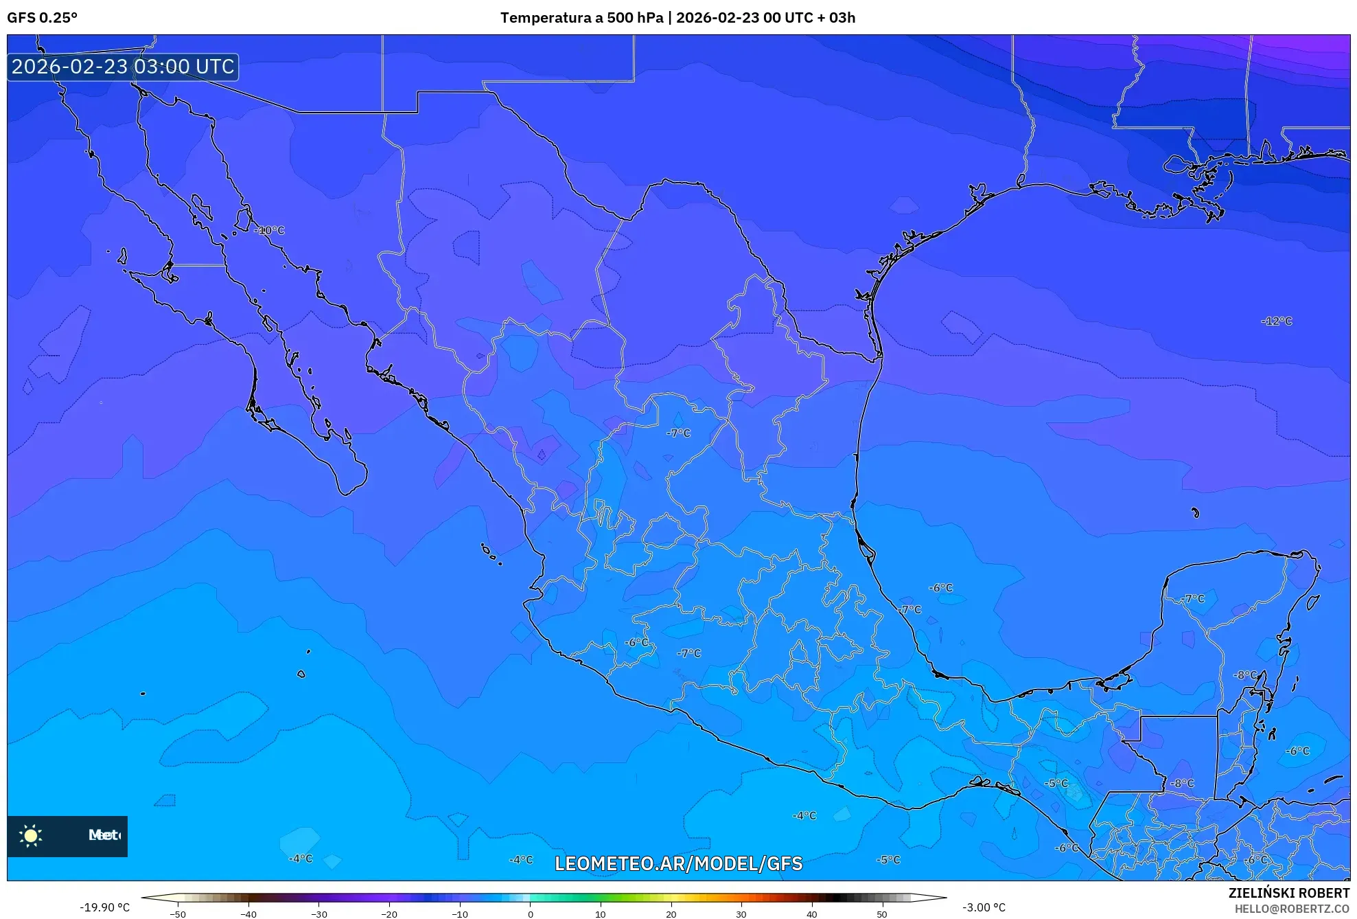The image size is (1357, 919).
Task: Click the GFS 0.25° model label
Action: (x=42, y=18)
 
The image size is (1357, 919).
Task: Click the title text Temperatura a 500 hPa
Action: (x=582, y=18)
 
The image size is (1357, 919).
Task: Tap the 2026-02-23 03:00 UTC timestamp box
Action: (x=123, y=67)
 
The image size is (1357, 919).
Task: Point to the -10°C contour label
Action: (x=270, y=230)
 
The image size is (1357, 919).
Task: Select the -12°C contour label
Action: (x=1277, y=321)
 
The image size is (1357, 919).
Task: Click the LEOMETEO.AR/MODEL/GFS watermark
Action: (x=678, y=863)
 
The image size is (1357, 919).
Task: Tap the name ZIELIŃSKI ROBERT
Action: (x=1288, y=893)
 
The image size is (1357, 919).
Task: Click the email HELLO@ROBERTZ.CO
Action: (x=1292, y=909)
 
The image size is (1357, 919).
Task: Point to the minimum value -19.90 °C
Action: (x=104, y=907)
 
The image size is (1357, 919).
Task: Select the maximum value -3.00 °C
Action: (x=984, y=907)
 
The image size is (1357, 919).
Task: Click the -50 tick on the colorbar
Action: (x=178, y=914)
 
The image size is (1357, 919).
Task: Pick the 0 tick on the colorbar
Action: (x=530, y=914)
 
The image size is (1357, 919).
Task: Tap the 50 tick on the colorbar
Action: (x=882, y=914)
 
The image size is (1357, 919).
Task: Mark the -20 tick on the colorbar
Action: (x=389, y=914)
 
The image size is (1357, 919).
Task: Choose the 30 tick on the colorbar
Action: (x=741, y=914)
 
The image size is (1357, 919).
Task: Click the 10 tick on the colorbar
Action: (x=601, y=914)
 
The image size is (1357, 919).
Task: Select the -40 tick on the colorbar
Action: (x=248, y=914)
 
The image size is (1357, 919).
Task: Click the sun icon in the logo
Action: (x=31, y=835)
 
